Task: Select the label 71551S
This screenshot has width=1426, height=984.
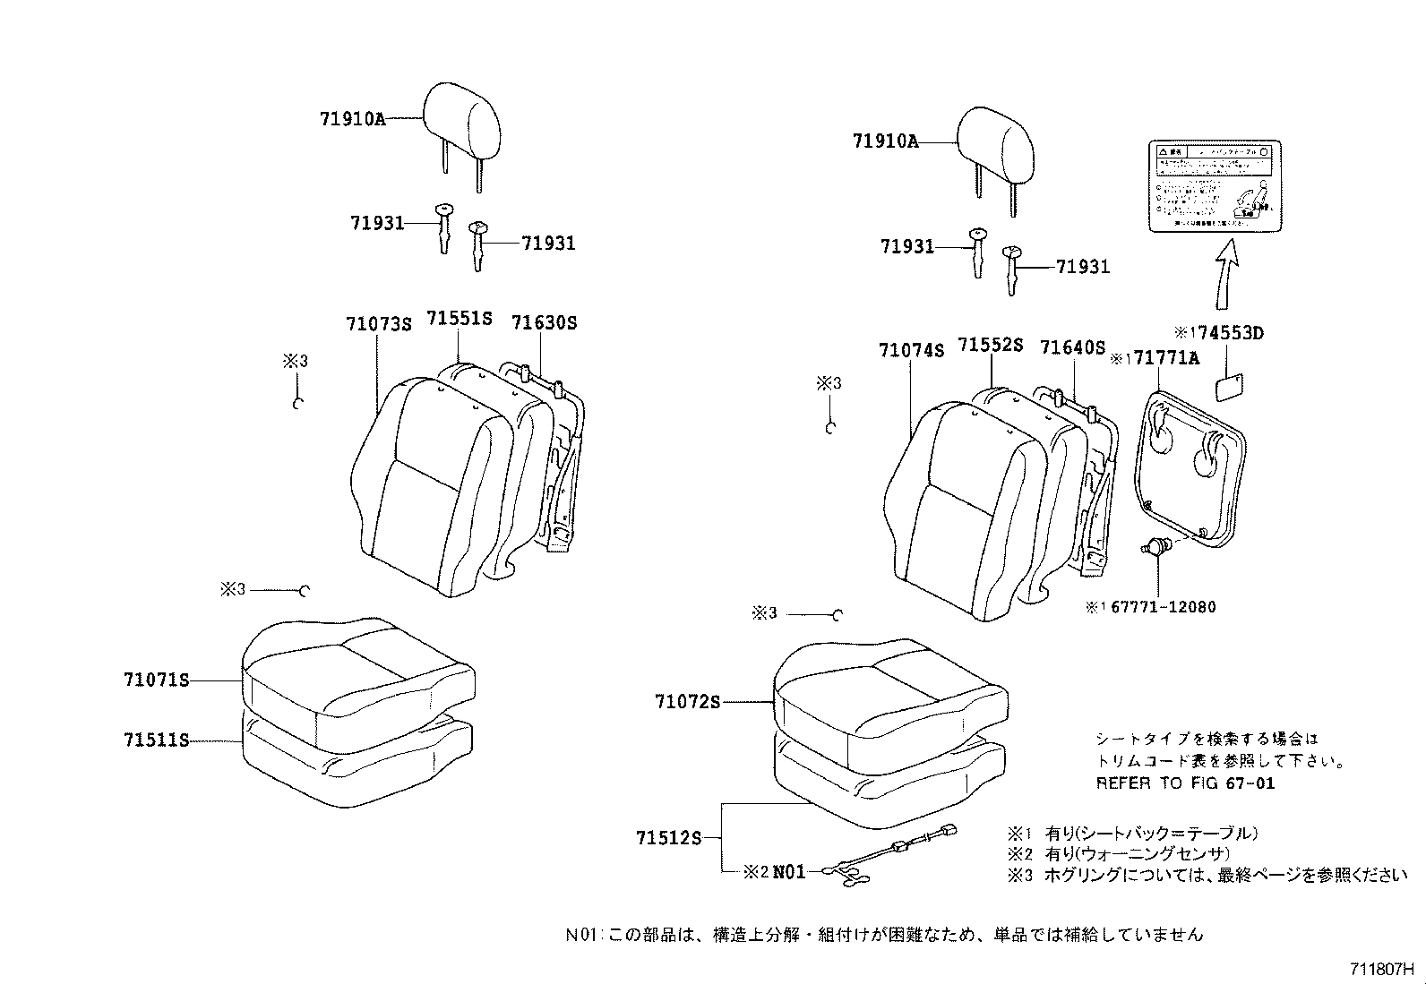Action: tap(459, 319)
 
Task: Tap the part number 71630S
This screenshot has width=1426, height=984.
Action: tap(544, 322)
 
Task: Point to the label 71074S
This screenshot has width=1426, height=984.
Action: tap(911, 351)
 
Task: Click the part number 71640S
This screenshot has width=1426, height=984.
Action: tap(1072, 347)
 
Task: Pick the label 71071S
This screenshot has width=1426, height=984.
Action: tap(156, 680)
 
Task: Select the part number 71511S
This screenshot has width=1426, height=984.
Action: tap(156, 740)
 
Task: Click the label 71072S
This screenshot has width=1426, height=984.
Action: tap(687, 703)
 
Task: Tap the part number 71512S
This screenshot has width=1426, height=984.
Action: tap(668, 838)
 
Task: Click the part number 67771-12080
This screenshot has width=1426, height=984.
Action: tap(1163, 607)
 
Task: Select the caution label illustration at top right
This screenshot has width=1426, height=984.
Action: tap(1215, 186)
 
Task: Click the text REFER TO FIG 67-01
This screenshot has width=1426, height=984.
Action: tap(1185, 783)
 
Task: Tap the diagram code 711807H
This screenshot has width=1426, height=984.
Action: tap(1381, 969)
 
